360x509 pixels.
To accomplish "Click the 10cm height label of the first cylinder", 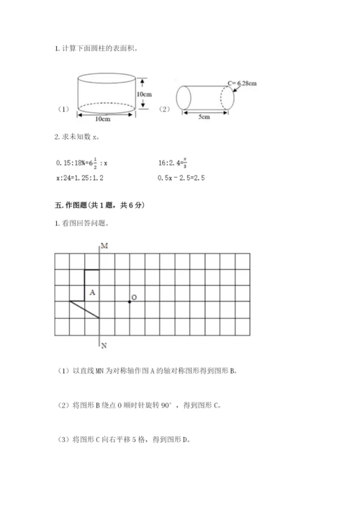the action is coord(145,94).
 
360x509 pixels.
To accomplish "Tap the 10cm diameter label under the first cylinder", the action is coord(107,120).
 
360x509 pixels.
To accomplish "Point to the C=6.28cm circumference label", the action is coord(242,84).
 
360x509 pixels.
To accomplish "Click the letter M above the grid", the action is coord(104,246).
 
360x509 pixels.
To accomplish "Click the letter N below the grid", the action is coord(104,343).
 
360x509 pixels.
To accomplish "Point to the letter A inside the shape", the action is coord(92,293).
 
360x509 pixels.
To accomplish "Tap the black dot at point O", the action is coord(129,301).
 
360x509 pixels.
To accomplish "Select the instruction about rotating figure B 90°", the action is coord(138,405).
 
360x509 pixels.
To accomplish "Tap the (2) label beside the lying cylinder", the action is coord(163,109).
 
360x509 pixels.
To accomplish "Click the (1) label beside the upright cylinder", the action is coord(63,109).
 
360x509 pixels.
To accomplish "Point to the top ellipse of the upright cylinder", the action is coord(107,77).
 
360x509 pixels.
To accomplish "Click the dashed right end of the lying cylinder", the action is coord(227,99).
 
